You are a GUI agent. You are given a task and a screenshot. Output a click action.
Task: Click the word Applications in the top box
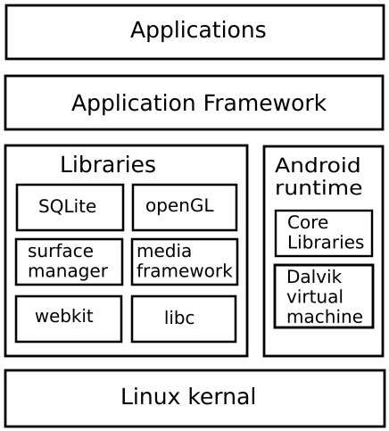coord(198,30)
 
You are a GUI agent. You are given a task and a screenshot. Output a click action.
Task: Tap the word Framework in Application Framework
coord(265,103)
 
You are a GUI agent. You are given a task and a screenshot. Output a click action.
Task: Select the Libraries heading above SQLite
coord(108,164)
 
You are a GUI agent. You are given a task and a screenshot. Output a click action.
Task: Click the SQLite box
coord(70,207)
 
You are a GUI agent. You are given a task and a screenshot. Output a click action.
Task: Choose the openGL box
coord(185,207)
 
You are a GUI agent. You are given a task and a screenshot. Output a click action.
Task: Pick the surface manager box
coord(69,261)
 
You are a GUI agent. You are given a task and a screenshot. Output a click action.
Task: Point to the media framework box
coord(185,261)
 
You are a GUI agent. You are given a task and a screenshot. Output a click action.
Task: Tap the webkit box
coord(69,319)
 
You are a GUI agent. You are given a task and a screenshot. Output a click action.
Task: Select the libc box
coord(184,319)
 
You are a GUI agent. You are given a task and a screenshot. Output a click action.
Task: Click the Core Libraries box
coord(324,233)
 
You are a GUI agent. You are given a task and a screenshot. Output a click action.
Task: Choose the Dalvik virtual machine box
coord(324,296)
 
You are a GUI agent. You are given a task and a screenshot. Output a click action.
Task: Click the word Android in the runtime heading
coord(318,165)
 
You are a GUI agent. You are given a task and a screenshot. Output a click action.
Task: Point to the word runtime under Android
coord(319,187)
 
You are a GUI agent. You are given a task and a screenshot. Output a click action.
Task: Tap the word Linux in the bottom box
coord(150,396)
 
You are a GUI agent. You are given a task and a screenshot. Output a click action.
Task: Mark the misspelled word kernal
coord(222,396)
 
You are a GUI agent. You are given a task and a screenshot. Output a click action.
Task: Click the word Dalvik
coord(314,277)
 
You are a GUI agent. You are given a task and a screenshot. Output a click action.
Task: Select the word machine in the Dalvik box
coord(325,316)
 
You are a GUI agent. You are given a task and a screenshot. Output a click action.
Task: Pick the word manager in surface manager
coord(68,272)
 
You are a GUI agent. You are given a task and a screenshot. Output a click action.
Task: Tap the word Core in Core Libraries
coord(308,222)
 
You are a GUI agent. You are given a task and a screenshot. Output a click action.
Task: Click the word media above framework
coord(164,251)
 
